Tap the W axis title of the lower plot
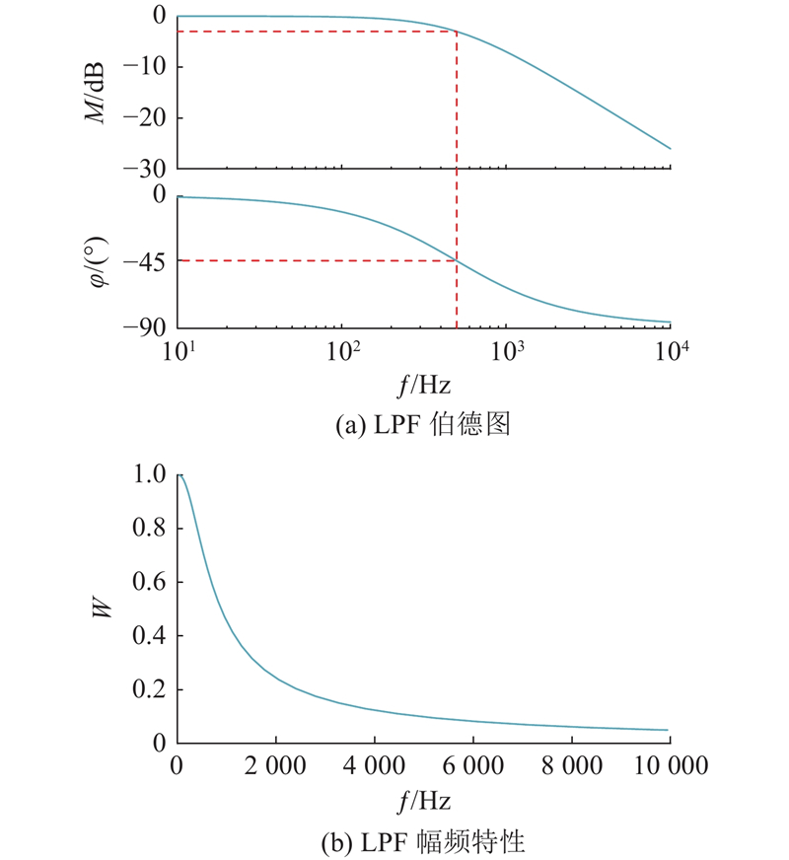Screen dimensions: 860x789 (102, 609)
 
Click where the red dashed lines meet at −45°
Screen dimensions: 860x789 (457, 260)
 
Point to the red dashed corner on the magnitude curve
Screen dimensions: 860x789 (457, 32)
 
